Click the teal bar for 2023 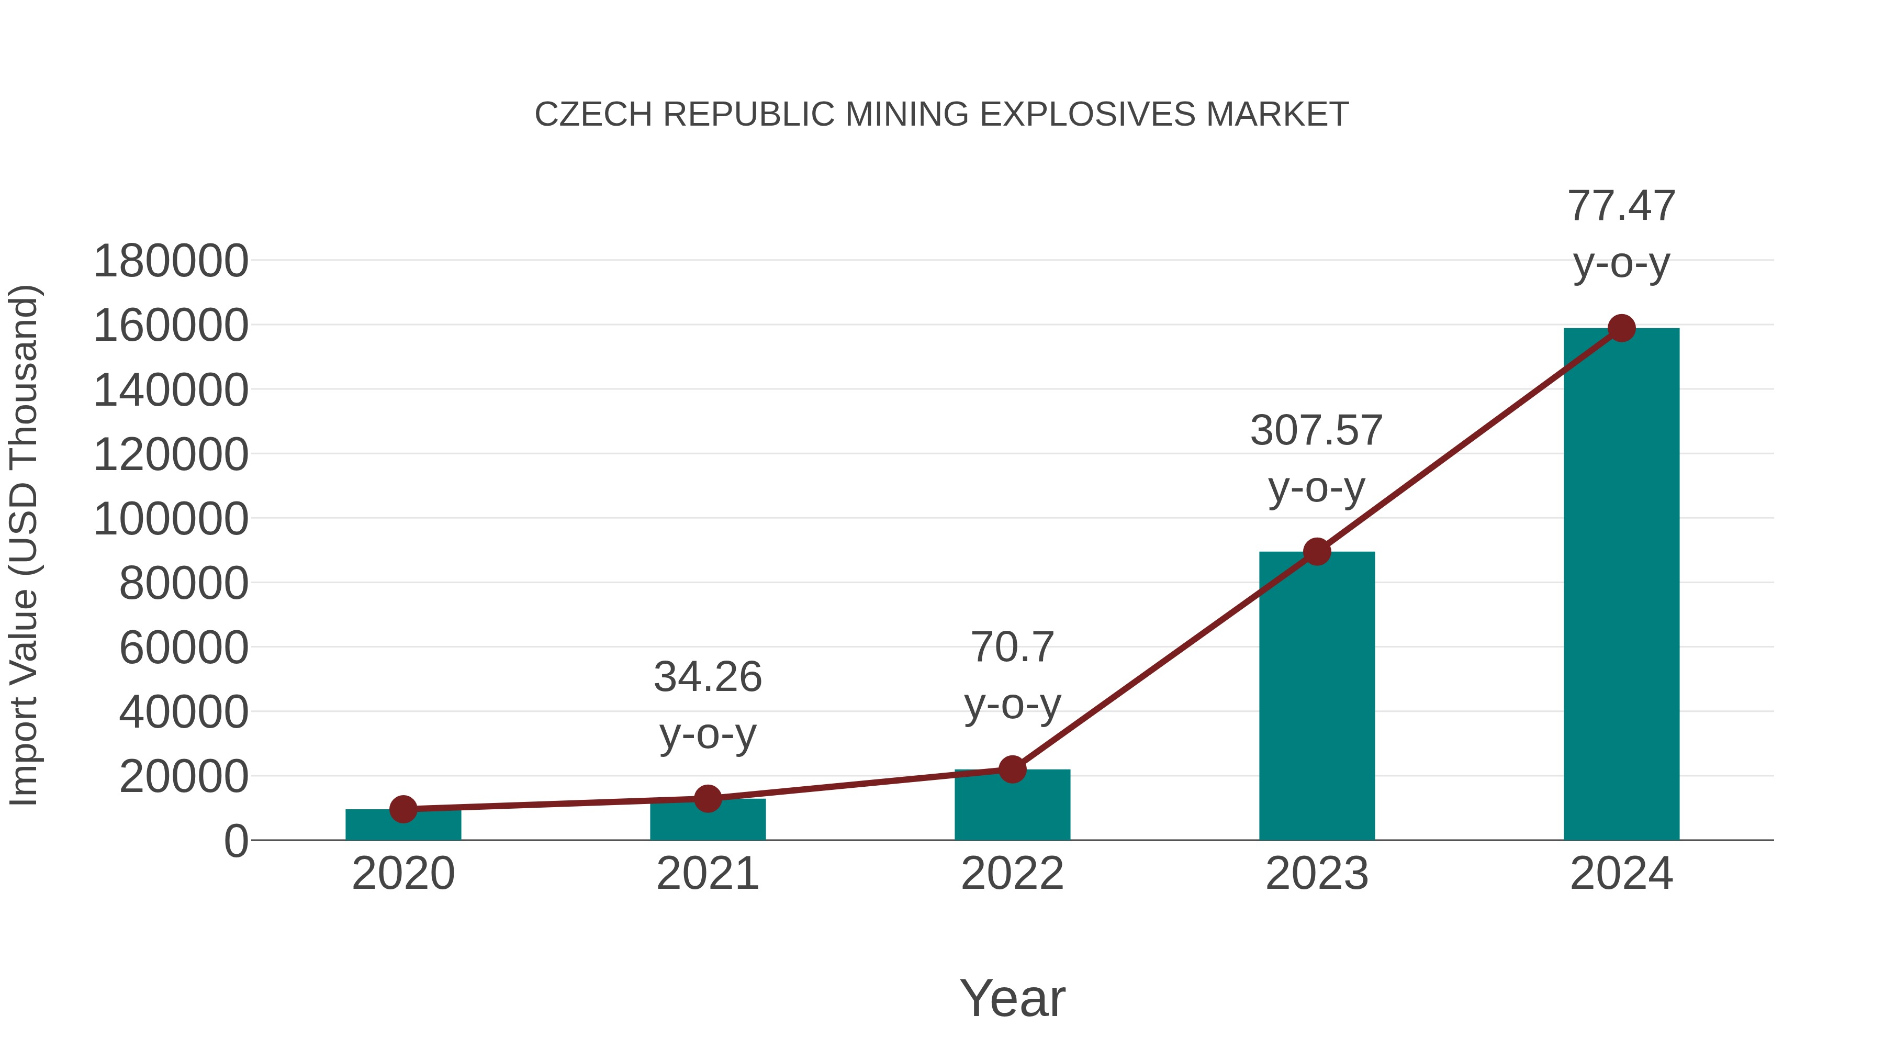[1317, 695]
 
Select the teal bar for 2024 [1621, 585]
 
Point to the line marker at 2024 [1621, 328]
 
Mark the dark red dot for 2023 [1317, 552]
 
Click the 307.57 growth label [1317, 430]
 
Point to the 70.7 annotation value [1012, 648]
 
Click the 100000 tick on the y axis [171, 519]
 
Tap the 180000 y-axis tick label [171, 261]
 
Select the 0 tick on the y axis [235, 841]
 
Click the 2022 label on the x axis [1012, 874]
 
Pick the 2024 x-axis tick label [1621, 874]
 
